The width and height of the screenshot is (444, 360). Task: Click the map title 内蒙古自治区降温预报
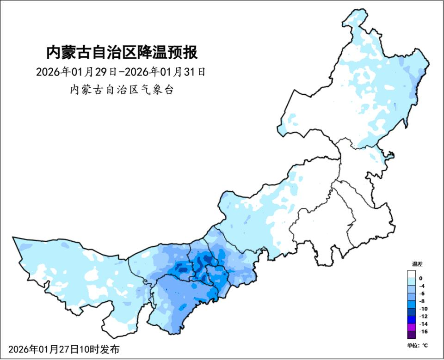click(122, 52)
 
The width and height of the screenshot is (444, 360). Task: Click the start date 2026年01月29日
click(77, 72)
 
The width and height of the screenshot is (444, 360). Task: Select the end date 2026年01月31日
click(166, 72)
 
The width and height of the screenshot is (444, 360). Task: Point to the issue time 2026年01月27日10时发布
click(63, 349)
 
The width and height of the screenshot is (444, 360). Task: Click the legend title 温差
click(417, 264)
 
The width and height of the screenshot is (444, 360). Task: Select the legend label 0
click(420, 278)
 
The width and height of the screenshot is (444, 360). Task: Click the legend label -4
click(422, 286)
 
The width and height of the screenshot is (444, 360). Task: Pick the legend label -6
click(422, 293)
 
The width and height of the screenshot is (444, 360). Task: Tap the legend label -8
click(422, 301)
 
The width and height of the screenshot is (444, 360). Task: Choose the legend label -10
click(423, 309)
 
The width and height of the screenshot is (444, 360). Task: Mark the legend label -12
click(423, 316)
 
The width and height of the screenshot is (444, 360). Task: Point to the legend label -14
click(423, 324)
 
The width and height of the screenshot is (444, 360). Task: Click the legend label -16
click(423, 331)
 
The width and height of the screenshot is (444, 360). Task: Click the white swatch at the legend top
click(412, 275)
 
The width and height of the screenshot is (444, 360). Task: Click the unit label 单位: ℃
click(417, 345)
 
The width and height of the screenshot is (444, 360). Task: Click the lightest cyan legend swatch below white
click(412, 282)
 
